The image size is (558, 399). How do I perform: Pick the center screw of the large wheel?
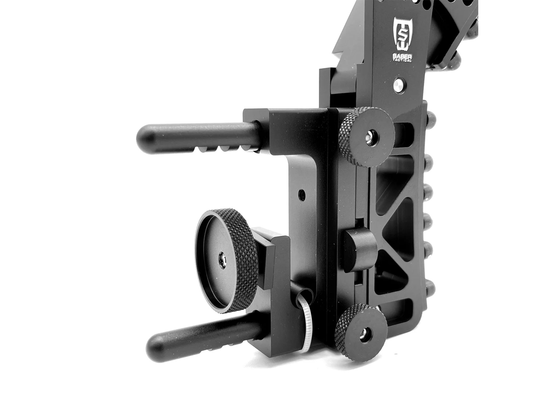pos(222,261)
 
